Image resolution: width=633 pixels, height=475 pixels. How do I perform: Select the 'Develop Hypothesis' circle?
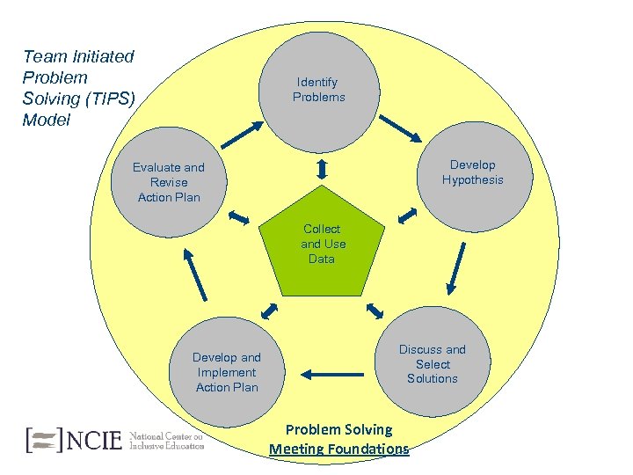click(472, 172)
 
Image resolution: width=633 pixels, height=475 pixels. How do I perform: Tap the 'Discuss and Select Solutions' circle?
click(432, 363)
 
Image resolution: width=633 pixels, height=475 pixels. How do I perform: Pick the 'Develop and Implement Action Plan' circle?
click(227, 372)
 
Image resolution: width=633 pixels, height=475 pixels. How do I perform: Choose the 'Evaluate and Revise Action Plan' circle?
click(169, 181)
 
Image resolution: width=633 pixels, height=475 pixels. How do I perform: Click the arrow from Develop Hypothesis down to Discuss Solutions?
click(455, 268)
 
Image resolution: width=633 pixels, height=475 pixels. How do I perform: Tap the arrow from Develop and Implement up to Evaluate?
click(194, 273)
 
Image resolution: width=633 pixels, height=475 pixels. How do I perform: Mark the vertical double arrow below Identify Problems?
click(322, 167)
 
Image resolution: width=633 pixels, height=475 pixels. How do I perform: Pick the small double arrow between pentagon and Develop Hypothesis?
click(406, 215)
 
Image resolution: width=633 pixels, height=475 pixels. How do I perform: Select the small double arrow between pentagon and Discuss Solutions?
click(375, 311)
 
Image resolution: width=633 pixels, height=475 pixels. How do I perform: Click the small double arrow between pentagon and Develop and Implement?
click(269, 311)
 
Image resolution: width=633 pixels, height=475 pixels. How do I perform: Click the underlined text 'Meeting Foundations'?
click(339, 449)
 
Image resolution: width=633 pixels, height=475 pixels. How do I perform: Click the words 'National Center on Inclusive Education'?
click(166, 439)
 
